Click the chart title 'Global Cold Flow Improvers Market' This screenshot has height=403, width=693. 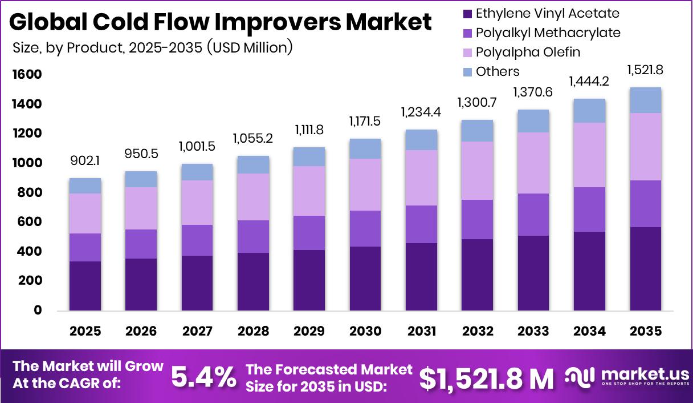coord(220,22)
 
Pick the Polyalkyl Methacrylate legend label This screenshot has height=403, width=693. coord(548,33)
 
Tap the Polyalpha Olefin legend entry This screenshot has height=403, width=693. coord(528,53)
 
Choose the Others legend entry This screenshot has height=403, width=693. coord(498,71)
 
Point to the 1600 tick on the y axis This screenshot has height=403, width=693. coord(25,75)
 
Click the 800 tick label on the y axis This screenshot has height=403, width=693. coord(28,193)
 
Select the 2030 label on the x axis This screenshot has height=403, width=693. coord(365,332)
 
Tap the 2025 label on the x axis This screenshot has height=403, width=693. coord(85,332)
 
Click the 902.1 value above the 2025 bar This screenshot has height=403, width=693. coord(85,162)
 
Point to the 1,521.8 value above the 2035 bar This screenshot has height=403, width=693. coord(646,70)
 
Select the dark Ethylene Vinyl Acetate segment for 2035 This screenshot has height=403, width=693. coord(646,268)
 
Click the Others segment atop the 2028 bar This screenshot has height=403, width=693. coord(253,164)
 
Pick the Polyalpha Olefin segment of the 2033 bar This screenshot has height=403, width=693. coord(533,163)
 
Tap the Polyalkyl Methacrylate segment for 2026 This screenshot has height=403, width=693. coord(141,244)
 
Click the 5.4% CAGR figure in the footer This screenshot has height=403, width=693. coord(204,377)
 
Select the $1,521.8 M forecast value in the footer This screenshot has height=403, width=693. coord(486,378)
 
